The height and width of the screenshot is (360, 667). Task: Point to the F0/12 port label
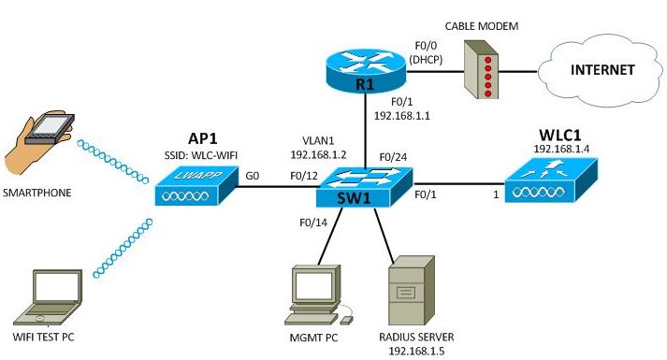pos(305,176)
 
